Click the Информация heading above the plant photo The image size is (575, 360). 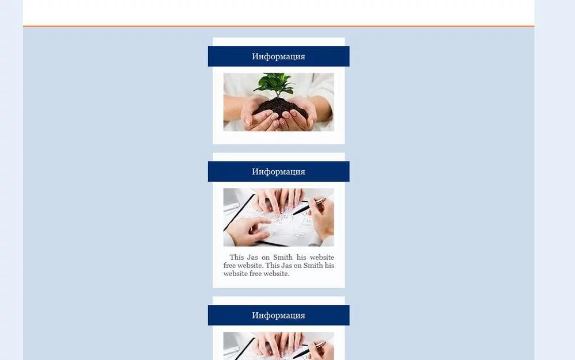pyautogui.click(x=278, y=56)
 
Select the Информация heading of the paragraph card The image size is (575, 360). pyautogui.click(x=278, y=171)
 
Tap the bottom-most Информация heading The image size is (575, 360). pyautogui.click(x=278, y=315)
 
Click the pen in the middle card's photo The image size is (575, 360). pyautogui.click(x=309, y=206)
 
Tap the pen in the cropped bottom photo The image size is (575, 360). pyautogui.click(x=309, y=350)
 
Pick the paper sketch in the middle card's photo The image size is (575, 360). pyautogui.click(x=279, y=224)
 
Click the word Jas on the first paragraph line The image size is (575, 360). pyautogui.click(x=252, y=258)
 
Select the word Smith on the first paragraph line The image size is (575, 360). pyautogui.click(x=283, y=258)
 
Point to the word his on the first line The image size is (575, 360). pyautogui.click(x=301, y=258)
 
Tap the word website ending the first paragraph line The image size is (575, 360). pyautogui.click(x=322, y=258)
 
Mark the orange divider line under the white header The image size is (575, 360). pyautogui.click(x=279, y=26)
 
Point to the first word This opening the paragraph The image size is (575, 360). pyautogui.click(x=236, y=258)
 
